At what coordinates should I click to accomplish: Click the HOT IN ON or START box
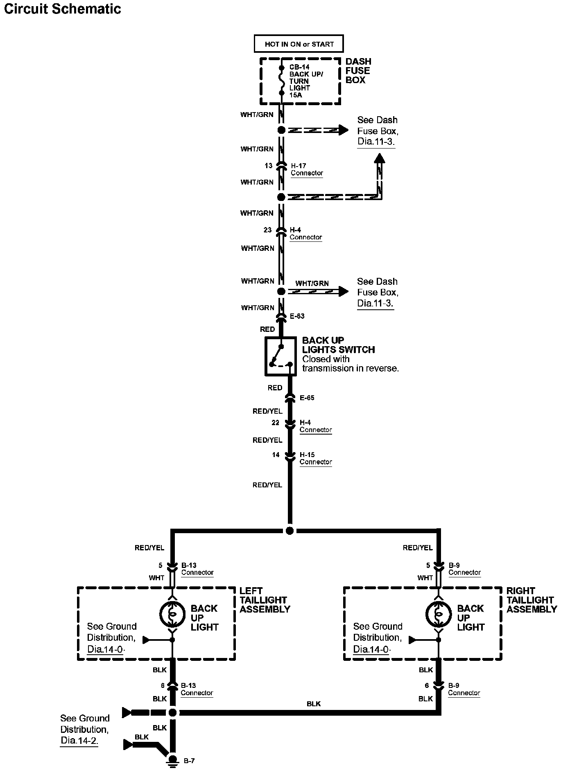(x=299, y=44)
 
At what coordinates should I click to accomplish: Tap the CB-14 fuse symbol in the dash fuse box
(x=281, y=80)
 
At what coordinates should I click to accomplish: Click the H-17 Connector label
(x=307, y=169)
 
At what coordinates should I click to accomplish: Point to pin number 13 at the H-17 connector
(x=268, y=166)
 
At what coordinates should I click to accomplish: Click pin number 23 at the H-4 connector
(x=267, y=230)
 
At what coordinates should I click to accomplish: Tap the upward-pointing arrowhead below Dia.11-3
(x=380, y=158)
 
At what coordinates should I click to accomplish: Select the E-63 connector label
(x=297, y=316)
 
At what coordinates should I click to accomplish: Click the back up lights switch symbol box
(x=280, y=356)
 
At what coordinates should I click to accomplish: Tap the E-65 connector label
(x=307, y=398)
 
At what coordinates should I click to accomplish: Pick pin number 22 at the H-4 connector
(x=276, y=423)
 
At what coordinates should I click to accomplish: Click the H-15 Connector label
(x=315, y=458)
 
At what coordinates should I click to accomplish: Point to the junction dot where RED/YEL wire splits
(x=290, y=531)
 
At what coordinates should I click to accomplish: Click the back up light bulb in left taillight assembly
(x=172, y=614)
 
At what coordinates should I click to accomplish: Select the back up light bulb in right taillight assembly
(x=439, y=614)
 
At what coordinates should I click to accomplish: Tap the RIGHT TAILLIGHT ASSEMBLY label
(x=531, y=600)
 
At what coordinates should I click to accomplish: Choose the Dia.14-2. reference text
(x=79, y=740)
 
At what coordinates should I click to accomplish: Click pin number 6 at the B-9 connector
(x=427, y=685)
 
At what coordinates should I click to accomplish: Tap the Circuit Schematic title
(x=63, y=9)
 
